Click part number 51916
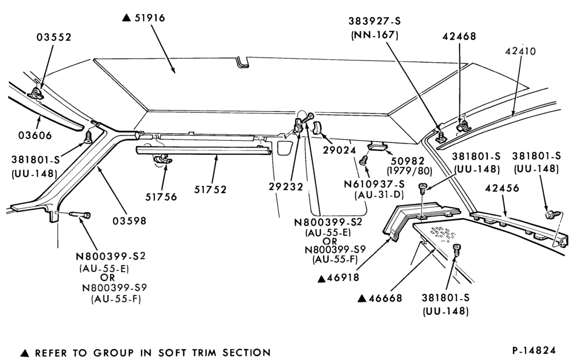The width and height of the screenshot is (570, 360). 150,18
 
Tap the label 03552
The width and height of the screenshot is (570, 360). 54,37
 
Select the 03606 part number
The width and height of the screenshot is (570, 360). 35,135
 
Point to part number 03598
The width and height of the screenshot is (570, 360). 129,220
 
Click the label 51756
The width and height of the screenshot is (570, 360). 161,197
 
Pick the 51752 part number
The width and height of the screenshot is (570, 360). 210,189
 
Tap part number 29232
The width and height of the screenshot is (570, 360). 286,186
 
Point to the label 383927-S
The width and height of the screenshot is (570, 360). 374,21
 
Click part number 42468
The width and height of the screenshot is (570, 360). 459,36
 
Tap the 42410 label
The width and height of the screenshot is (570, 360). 520,51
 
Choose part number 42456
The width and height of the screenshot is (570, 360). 502,188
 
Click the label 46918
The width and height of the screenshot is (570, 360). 343,277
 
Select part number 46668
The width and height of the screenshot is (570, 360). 385,298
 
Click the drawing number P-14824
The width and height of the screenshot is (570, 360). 534,350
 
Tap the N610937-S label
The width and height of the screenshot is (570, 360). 374,184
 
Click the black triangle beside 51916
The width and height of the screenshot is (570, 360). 126,18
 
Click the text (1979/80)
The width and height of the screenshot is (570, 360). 409,171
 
